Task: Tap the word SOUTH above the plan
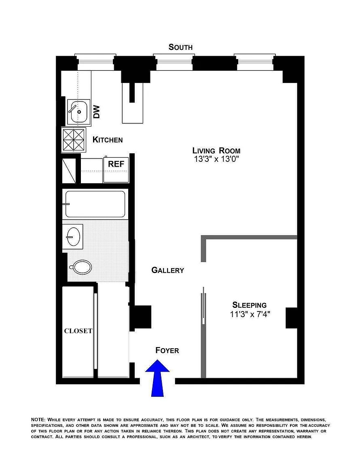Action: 180,47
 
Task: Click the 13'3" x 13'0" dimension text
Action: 217,159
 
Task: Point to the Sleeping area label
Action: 249,305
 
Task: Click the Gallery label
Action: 167,270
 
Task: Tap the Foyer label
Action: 167,350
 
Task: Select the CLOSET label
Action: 78,331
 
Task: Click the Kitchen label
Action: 108,140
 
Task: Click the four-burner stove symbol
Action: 73,140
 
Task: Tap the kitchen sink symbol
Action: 78,111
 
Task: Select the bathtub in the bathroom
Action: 95,204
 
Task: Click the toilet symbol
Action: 81,267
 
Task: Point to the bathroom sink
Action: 74,236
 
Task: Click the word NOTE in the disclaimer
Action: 38,419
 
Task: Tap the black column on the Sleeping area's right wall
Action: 291,318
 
